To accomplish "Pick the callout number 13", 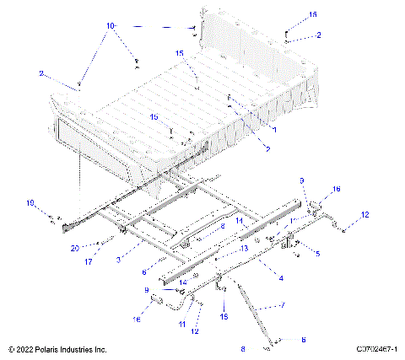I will pyautogui.click(x=244, y=249).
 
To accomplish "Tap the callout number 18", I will pyautogui.click(x=224, y=317).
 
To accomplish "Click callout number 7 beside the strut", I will pyautogui.click(x=282, y=304).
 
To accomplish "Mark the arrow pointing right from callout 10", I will pyautogui.click(x=169, y=28).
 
